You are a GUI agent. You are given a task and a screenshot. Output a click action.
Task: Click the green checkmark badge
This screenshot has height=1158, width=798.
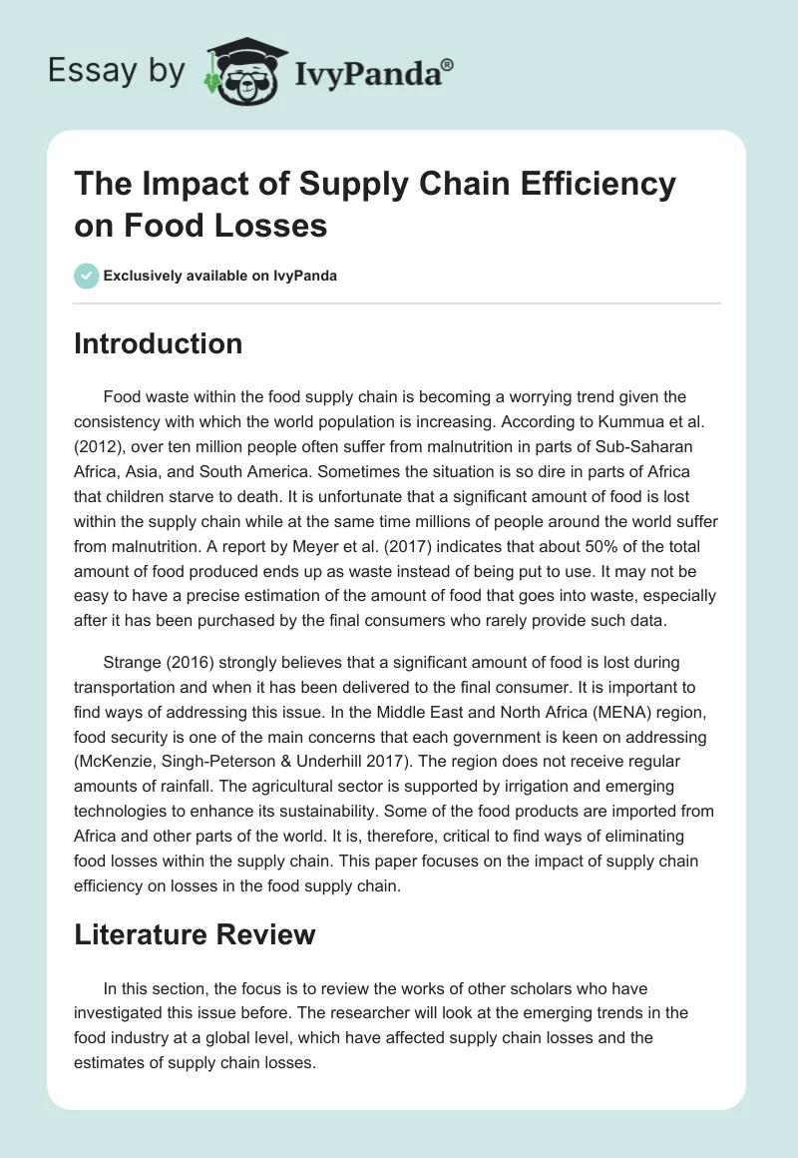coord(87,276)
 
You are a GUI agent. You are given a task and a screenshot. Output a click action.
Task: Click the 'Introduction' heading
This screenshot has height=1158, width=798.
coord(159,343)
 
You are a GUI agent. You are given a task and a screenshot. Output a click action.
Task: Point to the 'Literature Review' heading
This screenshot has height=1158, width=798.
coord(195,934)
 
